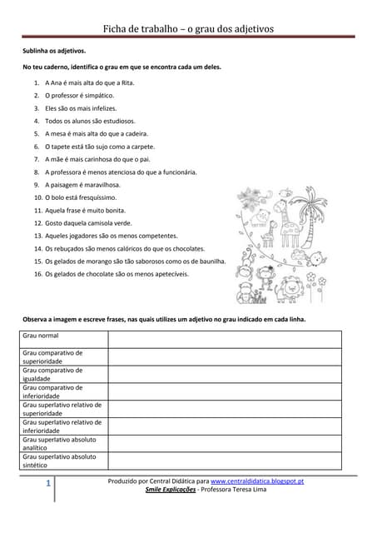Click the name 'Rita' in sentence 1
[127, 83]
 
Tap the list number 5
[37, 133]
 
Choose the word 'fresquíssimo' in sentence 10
[104, 197]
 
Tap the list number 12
[37, 223]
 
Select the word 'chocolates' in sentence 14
[186, 248]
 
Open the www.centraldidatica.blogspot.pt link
[256, 481]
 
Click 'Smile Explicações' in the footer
[170, 491]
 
